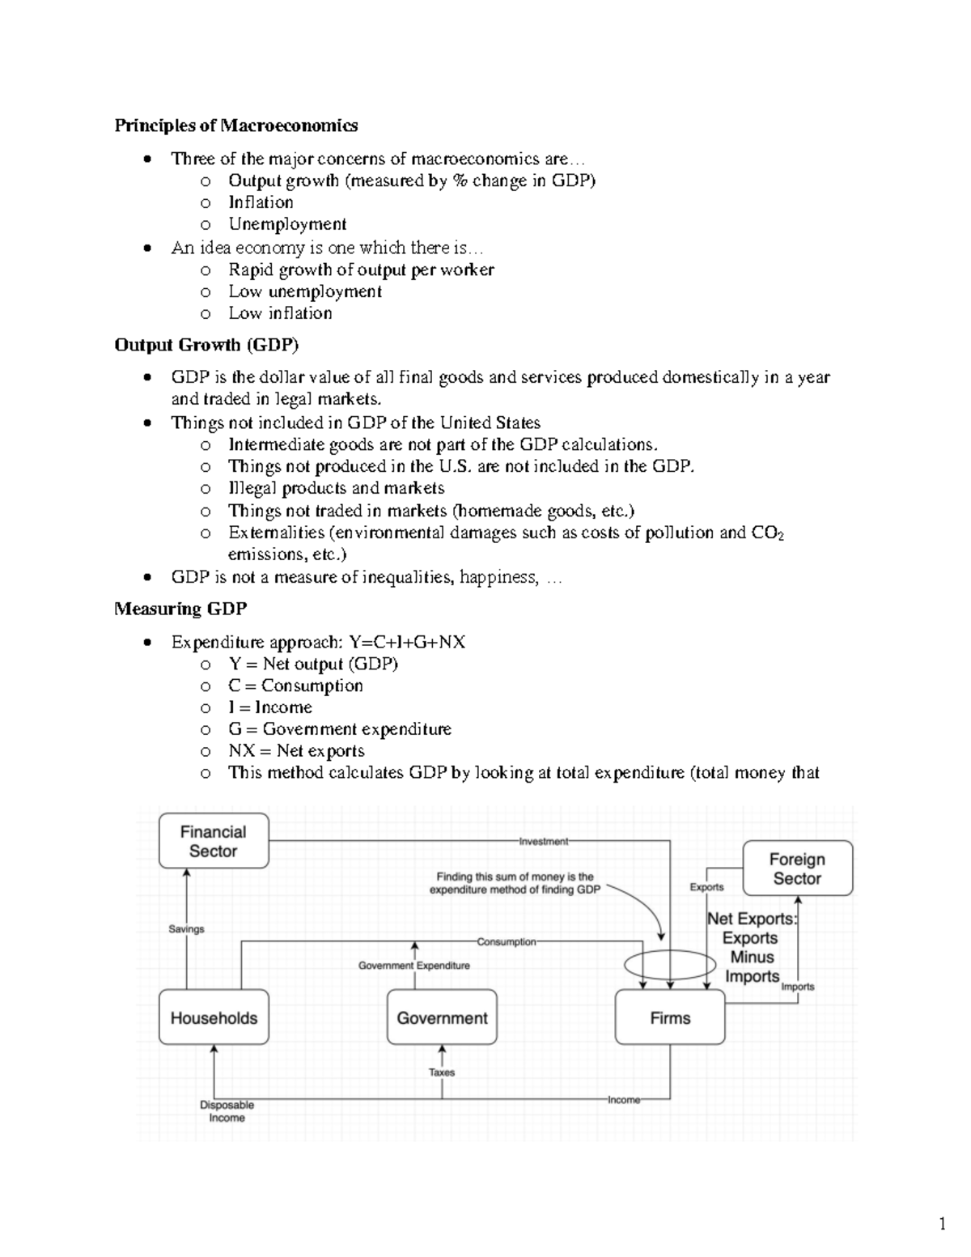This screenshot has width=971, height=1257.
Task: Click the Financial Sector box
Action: [214, 841]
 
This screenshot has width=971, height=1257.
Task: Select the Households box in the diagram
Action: [214, 1017]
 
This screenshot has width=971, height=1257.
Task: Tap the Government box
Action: [442, 1017]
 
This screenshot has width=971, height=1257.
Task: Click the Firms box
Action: [670, 1017]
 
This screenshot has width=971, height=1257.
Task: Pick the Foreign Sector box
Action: [797, 868]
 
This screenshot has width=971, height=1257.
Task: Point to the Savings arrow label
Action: [186, 928]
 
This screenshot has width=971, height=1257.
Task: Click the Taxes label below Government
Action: [442, 1072]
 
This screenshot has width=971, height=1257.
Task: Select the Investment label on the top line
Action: [544, 841]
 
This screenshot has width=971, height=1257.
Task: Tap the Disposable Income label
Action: [227, 1110]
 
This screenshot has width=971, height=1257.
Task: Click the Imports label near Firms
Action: [797, 987]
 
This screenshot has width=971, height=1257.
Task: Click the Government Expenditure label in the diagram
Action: [413, 965]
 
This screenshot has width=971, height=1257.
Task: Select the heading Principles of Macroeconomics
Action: [235, 125]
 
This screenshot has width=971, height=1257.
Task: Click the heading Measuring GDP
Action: [180, 609]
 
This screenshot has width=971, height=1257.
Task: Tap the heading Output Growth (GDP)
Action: [206, 345]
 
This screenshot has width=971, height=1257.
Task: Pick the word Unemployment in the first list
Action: [287, 224]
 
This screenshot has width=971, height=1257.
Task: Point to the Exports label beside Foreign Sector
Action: [706, 887]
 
